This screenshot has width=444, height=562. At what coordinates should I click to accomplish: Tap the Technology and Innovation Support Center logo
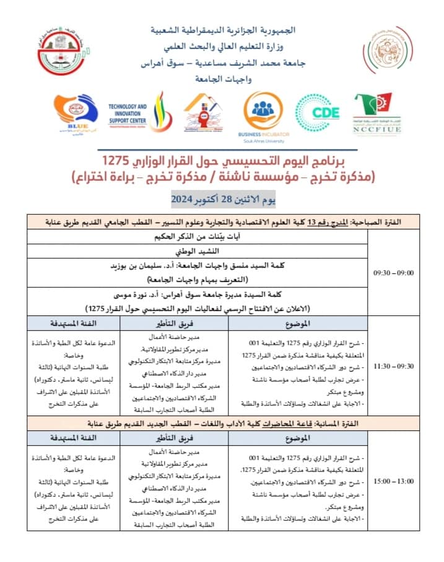tap(128, 114)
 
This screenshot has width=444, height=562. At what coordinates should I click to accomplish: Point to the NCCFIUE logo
tap(377, 114)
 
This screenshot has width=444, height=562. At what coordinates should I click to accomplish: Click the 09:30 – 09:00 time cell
tap(394, 272)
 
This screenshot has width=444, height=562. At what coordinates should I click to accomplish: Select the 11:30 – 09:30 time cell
tap(394, 366)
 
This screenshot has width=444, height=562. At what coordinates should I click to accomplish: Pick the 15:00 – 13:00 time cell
tap(394, 479)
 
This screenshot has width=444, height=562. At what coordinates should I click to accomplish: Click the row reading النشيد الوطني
tap(196, 252)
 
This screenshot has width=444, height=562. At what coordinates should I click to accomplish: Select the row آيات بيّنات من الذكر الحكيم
tap(196, 237)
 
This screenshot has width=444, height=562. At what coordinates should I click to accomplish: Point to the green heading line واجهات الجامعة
tap(224, 80)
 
